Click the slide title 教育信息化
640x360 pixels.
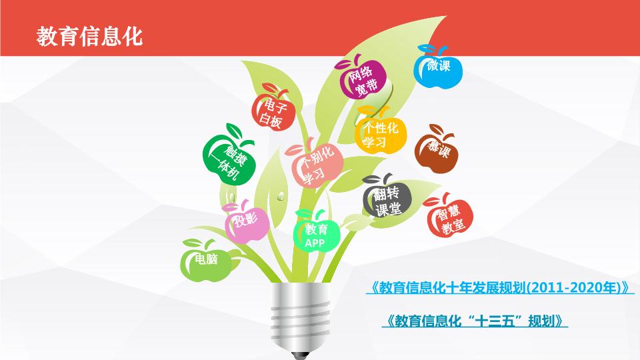(x=89, y=36)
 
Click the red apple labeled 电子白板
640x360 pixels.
(x=273, y=109)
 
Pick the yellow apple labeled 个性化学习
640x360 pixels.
(x=381, y=131)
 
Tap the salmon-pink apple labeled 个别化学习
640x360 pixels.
(x=314, y=164)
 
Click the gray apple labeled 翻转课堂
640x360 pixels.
(x=387, y=197)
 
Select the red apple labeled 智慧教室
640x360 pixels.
(x=449, y=216)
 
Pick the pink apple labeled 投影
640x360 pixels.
(x=247, y=221)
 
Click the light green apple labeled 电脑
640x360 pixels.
(x=206, y=261)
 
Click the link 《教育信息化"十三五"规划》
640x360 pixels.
(x=475, y=321)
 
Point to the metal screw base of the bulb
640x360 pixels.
(x=301, y=316)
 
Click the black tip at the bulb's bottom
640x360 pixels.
(x=301, y=355)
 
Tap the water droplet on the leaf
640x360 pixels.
(x=281, y=197)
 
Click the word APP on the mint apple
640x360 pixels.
(x=315, y=243)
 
